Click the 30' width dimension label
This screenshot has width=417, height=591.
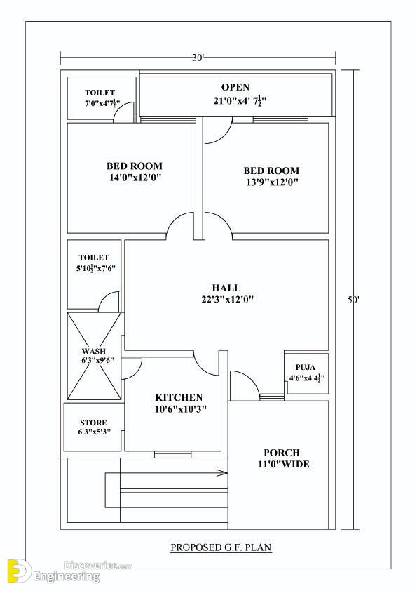198,58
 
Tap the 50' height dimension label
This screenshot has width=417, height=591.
353,300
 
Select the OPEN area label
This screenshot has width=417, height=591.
235,87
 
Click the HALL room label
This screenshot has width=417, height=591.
226,288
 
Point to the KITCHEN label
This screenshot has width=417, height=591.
179,397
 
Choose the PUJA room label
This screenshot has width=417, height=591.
306,367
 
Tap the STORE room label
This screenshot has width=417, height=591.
93,423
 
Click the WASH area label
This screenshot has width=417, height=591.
94,351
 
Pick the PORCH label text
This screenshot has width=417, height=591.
282,453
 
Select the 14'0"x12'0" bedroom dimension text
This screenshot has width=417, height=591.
135,178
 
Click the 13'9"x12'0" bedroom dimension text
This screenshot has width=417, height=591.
273,182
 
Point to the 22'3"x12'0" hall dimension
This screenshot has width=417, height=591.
227,300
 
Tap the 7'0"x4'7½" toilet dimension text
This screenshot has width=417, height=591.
100,103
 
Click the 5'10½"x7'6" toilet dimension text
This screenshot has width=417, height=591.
95,268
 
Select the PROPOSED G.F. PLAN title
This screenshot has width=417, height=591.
221,547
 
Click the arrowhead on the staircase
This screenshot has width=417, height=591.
222,472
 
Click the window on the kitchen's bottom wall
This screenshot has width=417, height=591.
172,455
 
